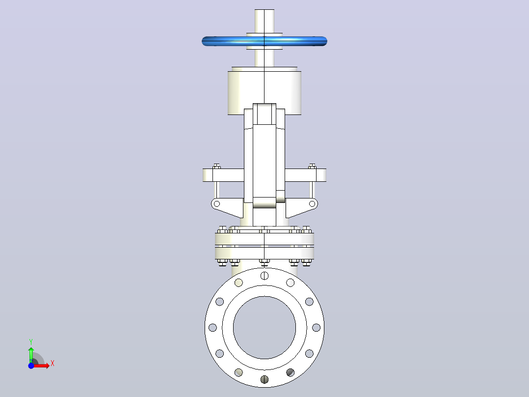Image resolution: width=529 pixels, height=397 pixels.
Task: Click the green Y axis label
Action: (31, 342)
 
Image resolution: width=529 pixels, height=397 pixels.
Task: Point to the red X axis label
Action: (53, 364)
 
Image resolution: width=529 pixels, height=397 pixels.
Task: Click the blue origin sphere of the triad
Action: (31, 366)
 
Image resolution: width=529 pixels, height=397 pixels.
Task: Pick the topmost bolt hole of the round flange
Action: (264, 276)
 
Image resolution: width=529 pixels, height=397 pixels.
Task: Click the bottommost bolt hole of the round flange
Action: (264, 379)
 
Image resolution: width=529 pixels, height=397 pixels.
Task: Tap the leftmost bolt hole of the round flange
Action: (212, 327)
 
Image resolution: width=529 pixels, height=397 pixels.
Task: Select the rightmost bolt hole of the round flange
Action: (316, 327)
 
